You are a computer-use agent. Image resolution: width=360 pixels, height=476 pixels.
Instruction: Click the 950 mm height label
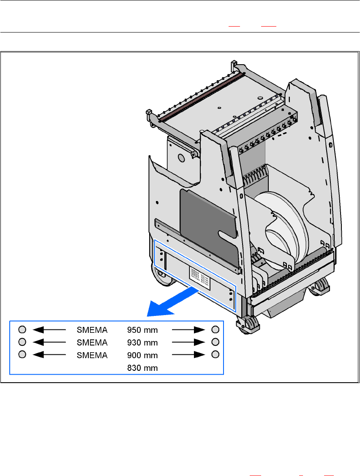(x=142, y=329)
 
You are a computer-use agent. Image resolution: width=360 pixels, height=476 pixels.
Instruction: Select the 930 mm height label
(x=142, y=342)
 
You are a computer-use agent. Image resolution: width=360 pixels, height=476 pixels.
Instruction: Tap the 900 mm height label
(x=142, y=355)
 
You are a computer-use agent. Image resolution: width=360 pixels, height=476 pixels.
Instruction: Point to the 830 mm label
(x=142, y=368)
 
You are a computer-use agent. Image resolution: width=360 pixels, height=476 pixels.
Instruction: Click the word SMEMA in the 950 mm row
(x=92, y=329)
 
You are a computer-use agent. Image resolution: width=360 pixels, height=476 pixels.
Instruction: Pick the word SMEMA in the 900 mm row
(x=92, y=355)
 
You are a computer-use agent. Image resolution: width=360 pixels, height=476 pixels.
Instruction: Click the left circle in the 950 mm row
(x=23, y=329)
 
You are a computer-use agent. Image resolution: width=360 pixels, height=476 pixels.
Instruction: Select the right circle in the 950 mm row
(x=215, y=329)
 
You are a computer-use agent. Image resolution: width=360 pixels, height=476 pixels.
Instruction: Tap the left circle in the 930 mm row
(x=23, y=341)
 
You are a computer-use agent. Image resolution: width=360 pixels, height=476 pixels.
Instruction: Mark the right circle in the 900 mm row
(x=215, y=354)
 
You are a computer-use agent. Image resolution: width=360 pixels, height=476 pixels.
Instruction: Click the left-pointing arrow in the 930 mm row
(x=49, y=341)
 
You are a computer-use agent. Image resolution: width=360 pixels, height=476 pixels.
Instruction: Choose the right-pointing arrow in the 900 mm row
(x=188, y=354)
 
